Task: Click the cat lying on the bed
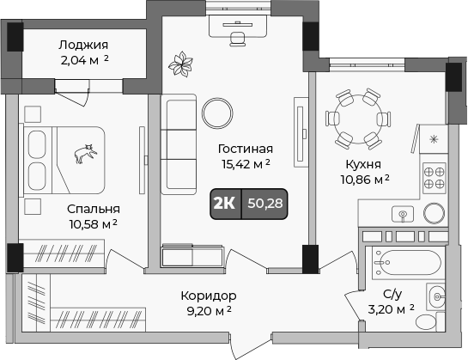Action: [x=85, y=154]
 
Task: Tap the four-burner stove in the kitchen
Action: [x=434, y=176]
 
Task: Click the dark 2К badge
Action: [x=225, y=203]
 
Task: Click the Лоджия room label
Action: [x=84, y=44]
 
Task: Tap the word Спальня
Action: [x=94, y=208]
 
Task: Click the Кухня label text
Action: [x=362, y=164]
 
